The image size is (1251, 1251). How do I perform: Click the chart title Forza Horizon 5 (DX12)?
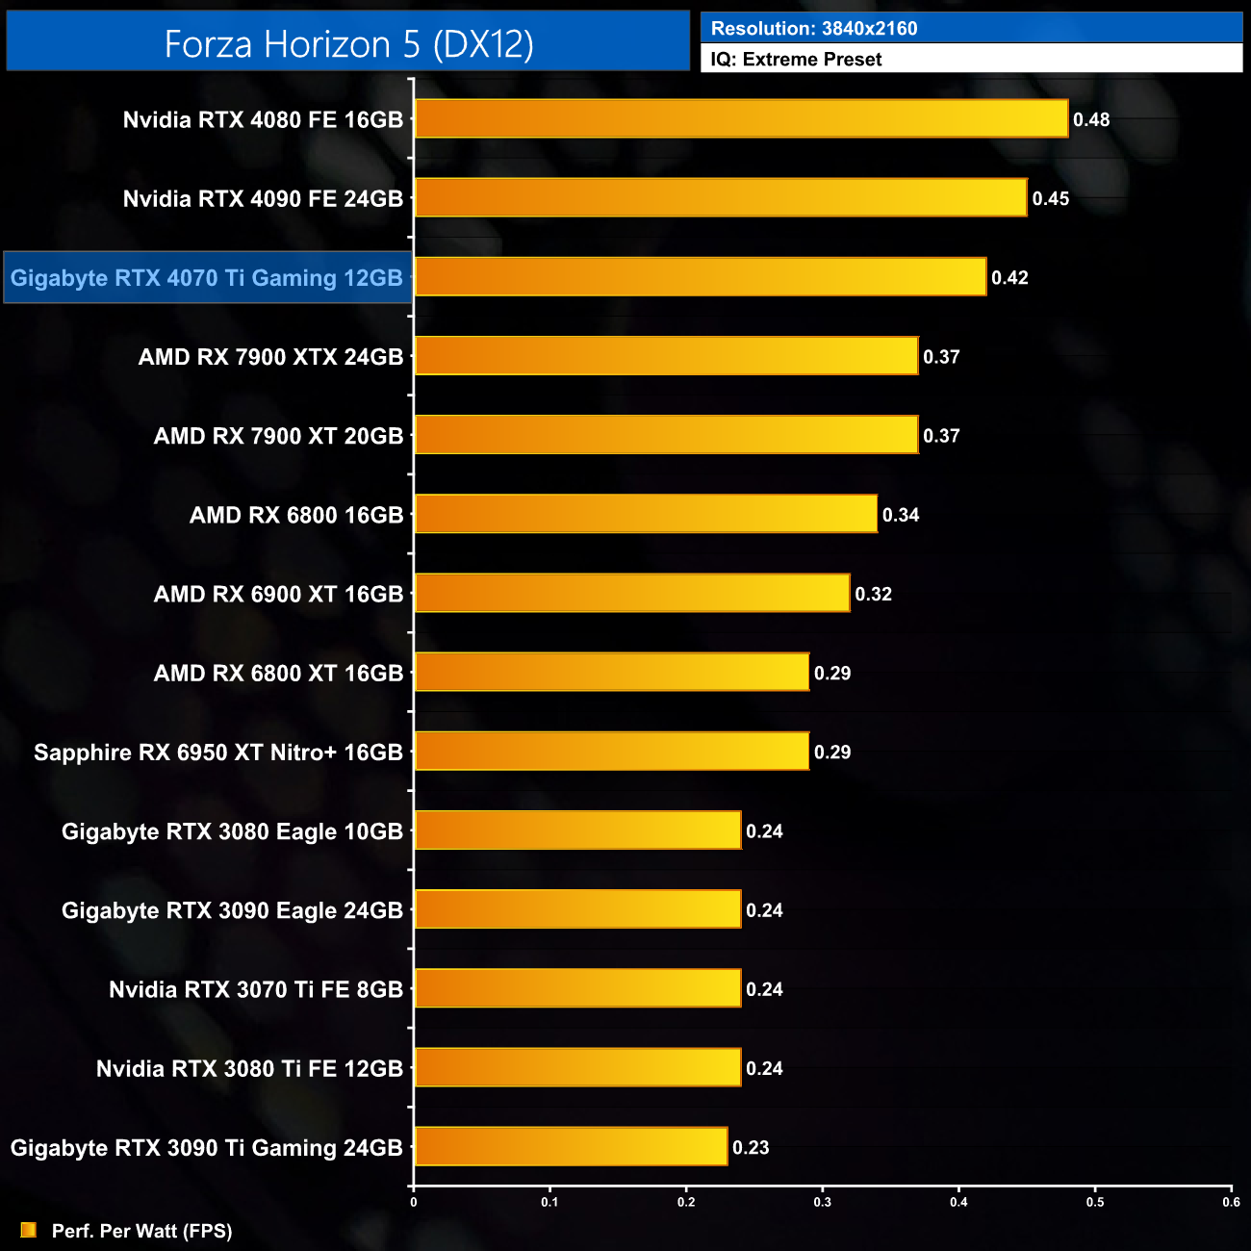pyautogui.click(x=348, y=44)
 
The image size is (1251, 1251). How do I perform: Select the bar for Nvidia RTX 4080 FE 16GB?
pyautogui.click(x=741, y=119)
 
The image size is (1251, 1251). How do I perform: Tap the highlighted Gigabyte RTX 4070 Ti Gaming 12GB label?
pyautogui.click(x=207, y=278)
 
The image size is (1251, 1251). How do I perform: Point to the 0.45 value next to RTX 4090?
pyautogui.click(x=1050, y=199)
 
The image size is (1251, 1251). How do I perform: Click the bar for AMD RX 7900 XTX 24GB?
pyautogui.click(x=666, y=357)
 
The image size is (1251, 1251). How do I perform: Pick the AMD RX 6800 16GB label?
pyautogui.click(x=296, y=516)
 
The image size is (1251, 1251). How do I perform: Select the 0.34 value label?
pyautogui.click(x=901, y=516)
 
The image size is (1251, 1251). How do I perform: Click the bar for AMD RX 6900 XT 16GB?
pyautogui.click(x=632, y=594)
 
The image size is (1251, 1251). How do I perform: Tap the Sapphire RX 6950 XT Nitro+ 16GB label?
pyautogui.click(x=218, y=753)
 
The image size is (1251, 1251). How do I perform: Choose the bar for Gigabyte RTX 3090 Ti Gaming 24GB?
pyautogui.click(x=571, y=1147)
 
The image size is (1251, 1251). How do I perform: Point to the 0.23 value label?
pyautogui.click(x=751, y=1148)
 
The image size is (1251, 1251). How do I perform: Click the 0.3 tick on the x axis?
pyautogui.click(x=823, y=1202)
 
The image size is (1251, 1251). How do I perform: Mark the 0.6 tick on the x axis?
pyautogui.click(x=1231, y=1202)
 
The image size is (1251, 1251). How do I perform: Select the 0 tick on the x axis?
pyautogui.click(x=414, y=1202)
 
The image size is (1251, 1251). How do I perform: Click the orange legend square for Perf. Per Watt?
pyautogui.click(x=29, y=1231)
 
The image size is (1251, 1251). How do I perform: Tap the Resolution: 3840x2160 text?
pyautogui.click(x=814, y=29)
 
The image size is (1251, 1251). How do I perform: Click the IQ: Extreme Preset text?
pyautogui.click(x=796, y=60)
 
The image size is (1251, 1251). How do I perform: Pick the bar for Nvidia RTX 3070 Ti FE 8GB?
pyautogui.click(x=577, y=989)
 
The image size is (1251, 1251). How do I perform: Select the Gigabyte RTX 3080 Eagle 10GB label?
pyautogui.click(x=232, y=831)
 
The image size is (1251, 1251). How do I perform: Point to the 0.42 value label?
pyautogui.click(x=1009, y=278)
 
